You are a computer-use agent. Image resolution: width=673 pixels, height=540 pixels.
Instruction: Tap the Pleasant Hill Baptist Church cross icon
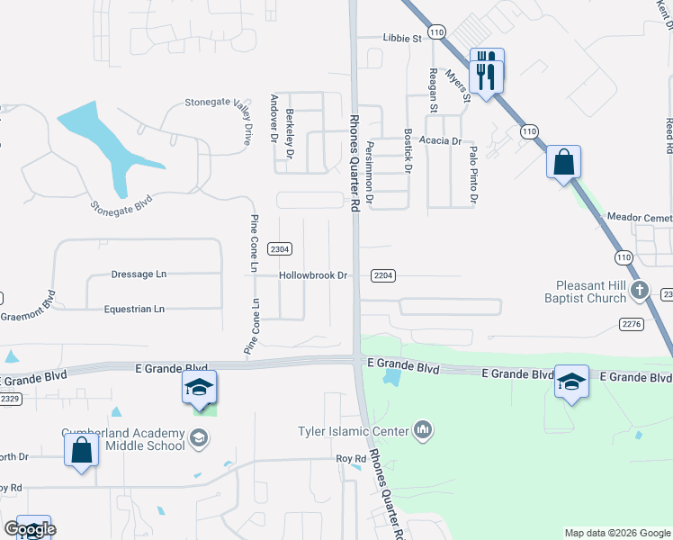tap(640, 290)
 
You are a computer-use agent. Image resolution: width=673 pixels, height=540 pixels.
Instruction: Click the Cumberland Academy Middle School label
tap(122, 438)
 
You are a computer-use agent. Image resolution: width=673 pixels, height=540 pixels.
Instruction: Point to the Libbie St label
tap(402, 39)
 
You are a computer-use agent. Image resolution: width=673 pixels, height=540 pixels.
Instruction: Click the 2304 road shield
tap(281, 248)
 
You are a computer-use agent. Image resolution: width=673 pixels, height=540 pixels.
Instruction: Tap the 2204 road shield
tap(383, 275)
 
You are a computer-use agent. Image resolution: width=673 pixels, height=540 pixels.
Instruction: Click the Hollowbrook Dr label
tap(313, 275)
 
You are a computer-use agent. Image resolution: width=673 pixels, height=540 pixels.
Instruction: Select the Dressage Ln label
tap(139, 274)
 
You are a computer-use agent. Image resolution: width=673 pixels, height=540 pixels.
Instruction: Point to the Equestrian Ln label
tap(135, 309)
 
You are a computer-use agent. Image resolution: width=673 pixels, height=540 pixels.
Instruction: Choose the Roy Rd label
tap(351, 458)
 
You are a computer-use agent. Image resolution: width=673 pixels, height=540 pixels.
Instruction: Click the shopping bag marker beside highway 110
tap(563, 164)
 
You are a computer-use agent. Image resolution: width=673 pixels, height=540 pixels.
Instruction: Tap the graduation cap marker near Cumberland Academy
tap(199, 387)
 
